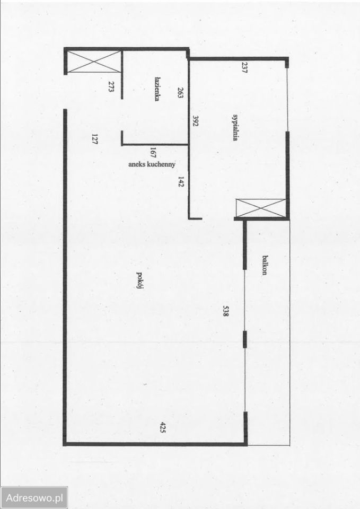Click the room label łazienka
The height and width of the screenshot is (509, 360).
pyautogui.click(x=157, y=89)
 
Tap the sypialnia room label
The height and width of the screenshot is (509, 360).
pyautogui.click(x=235, y=127)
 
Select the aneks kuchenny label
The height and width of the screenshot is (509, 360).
pyautogui.click(x=152, y=164)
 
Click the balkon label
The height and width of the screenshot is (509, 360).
pyautogui.click(x=265, y=265)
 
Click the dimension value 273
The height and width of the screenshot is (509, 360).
pyautogui.click(x=110, y=87)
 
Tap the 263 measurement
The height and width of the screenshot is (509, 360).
pyautogui.click(x=181, y=92)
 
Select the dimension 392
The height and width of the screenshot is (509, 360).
pyautogui.click(x=196, y=121)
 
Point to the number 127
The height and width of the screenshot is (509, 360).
pyautogui.click(x=95, y=139)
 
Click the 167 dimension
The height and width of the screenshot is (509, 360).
pyautogui.click(x=153, y=153)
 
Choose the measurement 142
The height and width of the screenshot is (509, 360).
pyautogui.click(x=181, y=182)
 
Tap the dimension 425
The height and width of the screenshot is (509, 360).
pyautogui.click(x=163, y=427)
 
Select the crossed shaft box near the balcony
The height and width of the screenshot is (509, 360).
pyautogui.click(x=261, y=208)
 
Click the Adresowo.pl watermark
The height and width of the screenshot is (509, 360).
pyautogui.click(x=34, y=497)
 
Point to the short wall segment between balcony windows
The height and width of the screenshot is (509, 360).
pyautogui.click(x=245, y=339)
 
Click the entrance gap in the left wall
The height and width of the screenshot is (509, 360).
pyautogui.click(x=65, y=92)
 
